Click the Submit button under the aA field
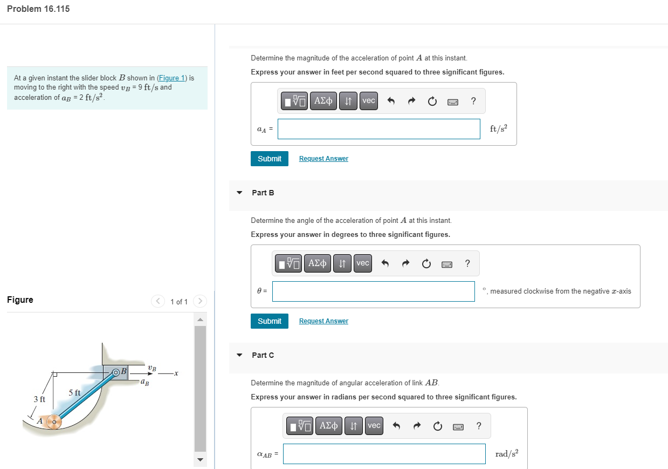tap(270, 159)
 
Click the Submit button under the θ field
tap(270, 321)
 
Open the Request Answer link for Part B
tap(323, 321)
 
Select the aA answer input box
tap(378, 129)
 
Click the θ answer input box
tap(373, 291)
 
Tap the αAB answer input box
tap(384, 454)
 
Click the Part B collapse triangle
tap(239, 193)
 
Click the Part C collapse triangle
tap(239, 355)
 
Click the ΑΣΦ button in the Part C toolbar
tap(328, 426)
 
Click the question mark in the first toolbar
tap(473, 101)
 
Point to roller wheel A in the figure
tap(53, 422)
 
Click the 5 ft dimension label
tap(74, 392)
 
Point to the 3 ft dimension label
tap(39, 399)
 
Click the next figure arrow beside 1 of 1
tap(199, 301)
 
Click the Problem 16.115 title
tap(38, 9)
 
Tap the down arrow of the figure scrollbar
tap(200, 460)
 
